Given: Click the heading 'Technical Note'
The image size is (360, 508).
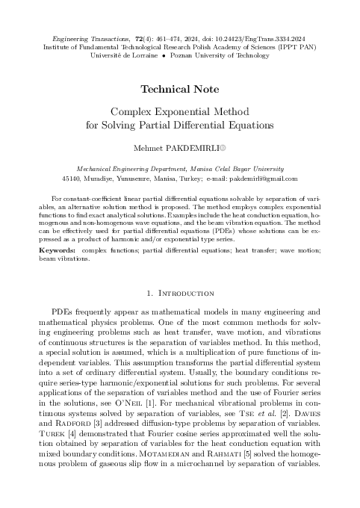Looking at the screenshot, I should coord(179,88).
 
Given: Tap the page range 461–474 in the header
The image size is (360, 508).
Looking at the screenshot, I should coord(173,36).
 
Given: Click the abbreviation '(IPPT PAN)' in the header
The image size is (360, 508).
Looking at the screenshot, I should coord(294,46).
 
